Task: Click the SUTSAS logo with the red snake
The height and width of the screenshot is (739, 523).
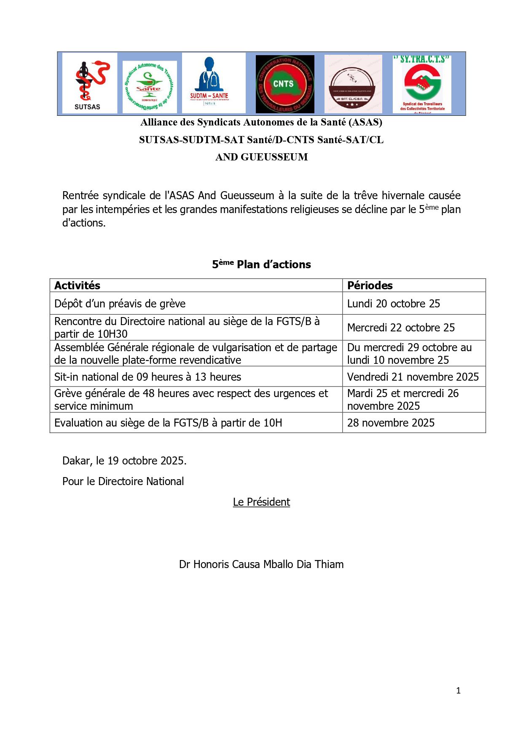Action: pos(89,83)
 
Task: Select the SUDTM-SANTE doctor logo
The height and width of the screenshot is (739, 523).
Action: pos(209,82)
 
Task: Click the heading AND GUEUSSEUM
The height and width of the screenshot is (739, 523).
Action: pos(261,157)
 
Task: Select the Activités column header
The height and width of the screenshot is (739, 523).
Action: pos(78,285)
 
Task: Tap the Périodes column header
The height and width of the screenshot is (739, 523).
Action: pos(370,285)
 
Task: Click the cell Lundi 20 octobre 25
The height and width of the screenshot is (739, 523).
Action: pos(393,304)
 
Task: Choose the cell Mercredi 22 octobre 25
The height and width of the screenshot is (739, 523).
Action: pos(401,328)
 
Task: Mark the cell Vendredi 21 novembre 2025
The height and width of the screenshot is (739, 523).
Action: pos(413,377)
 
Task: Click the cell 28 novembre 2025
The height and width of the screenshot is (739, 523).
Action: pos(391,423)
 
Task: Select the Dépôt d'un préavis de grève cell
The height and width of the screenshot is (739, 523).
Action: pos(120,304)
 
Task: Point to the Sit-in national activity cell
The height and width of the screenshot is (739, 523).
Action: pos(148,377)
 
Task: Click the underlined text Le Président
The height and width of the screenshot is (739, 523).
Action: pos(261,502)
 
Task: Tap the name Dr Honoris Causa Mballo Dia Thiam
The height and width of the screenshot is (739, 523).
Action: pos(261,564)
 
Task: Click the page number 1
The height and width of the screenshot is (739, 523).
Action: pos(458,691)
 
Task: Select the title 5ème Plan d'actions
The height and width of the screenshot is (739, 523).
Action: pos(261,264)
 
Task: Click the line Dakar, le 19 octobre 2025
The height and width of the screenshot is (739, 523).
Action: pos(124,461)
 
